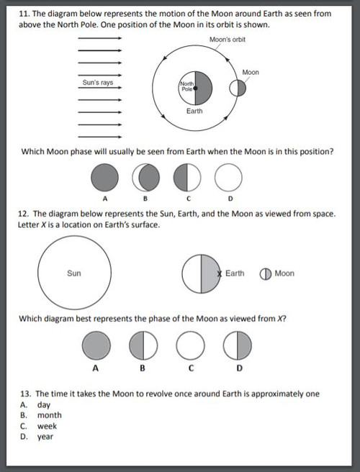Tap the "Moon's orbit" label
(228, 40)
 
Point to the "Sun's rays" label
(97, 83)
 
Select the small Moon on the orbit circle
(238, 88)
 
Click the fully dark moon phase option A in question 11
(104, 177)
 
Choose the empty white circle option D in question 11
(229, 177)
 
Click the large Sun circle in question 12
(74, 273)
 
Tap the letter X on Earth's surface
(220, 274)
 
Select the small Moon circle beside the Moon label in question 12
(265, 273)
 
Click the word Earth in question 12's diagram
(235, 273)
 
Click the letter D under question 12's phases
(239, 368)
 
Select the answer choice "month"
(50, 415)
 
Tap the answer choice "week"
(48, 426)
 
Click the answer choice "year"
(45, 437)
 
